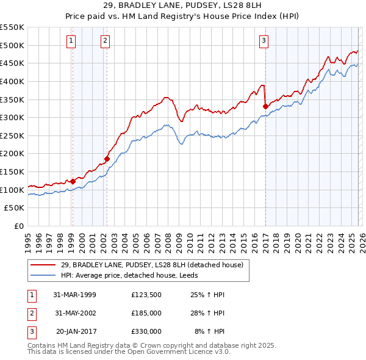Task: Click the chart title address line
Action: point(183,6)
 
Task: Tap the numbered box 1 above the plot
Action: point(71,41)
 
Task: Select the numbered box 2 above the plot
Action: point(106,41)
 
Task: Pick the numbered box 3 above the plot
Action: point(264,41)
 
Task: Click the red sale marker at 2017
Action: point(265,106)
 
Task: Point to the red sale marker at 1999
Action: point(73,181)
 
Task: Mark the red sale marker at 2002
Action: point(107,159)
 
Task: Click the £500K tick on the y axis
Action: point(13,45)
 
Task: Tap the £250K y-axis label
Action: point(13,135)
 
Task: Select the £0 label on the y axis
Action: point(19,226)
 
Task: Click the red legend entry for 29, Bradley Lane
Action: point(152,265)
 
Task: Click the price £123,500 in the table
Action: point(146,295)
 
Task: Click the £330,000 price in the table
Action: point(146,331)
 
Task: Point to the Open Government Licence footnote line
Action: point(129,352)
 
